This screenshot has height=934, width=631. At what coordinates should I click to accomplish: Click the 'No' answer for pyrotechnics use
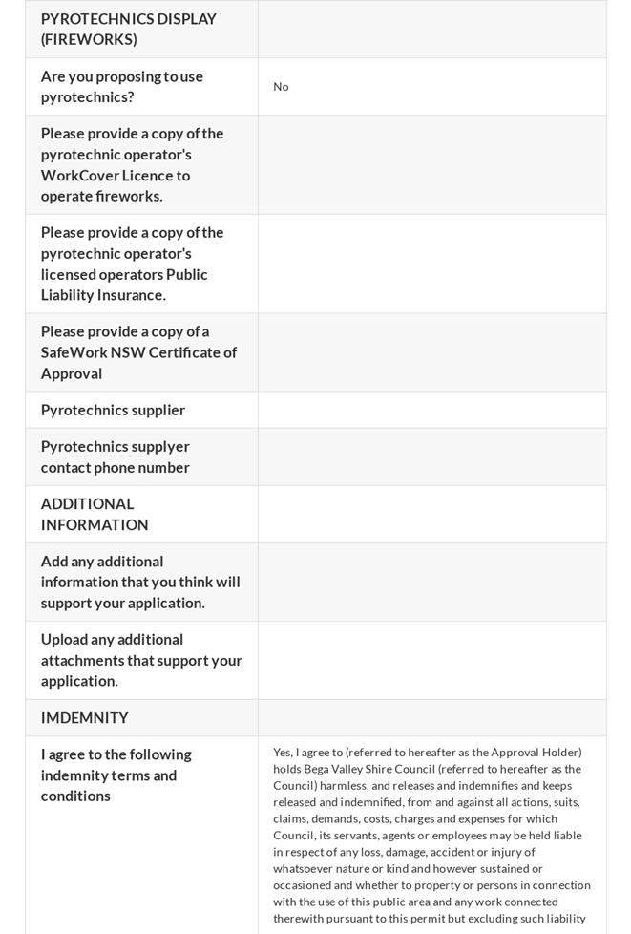[x=281, y=87]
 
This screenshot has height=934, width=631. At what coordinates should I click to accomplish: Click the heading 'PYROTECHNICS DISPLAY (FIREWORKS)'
[x=129, y=29]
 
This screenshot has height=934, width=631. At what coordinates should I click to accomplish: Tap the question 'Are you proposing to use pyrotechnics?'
[x=122, y=87]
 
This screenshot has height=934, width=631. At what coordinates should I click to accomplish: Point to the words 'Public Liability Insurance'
[x=124, y=285]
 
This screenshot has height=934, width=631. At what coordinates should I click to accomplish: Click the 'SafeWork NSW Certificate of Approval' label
[x=138, y=352]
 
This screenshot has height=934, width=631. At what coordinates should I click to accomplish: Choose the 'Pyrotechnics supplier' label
[x=113, y=410]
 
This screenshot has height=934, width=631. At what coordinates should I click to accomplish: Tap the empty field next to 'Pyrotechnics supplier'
[x=431, y=410]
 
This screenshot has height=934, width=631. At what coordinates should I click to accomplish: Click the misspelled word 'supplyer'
[x=158, y=447]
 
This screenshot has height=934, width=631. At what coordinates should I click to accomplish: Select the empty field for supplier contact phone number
[x=431, y=456]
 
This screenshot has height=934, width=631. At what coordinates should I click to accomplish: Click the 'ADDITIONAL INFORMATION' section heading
[x=95, y=514]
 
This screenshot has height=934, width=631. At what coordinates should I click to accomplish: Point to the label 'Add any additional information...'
[x=140, y=582]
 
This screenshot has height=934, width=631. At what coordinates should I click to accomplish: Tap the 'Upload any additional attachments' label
[x=141, y=660]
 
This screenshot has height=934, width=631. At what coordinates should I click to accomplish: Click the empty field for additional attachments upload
[x=431, y=660]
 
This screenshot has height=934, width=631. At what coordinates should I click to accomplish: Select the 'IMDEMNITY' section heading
[x=85, y=717]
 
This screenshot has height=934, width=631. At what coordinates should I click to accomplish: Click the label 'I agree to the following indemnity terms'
[x=116, y=775]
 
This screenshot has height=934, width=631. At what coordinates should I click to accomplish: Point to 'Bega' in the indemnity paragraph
[x=317, y=769]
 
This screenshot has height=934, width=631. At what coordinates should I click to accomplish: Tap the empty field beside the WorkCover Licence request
[x=431, y=164]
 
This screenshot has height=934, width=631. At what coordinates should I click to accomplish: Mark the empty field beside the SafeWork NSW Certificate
[x=431, y=352]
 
